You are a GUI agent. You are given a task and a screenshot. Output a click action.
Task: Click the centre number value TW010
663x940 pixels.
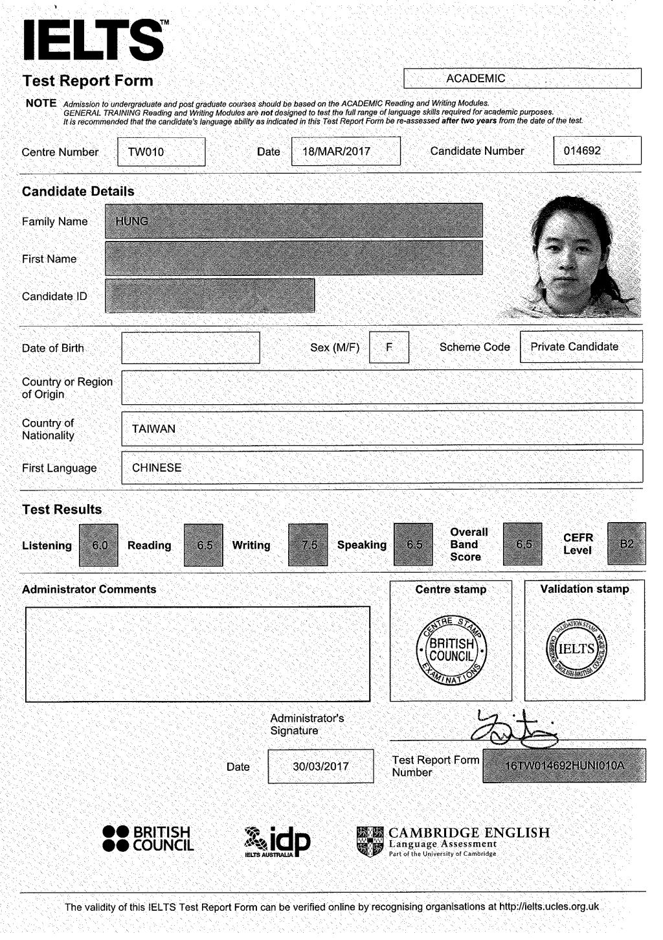point(146,152)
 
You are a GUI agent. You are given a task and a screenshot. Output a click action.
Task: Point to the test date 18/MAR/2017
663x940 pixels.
point(337,152)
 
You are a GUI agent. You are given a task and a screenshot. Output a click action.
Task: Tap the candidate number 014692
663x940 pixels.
point(582,151)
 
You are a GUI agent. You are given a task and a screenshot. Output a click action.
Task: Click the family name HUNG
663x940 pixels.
point(132,222)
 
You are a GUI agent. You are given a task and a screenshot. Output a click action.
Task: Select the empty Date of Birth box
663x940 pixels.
point(190,348)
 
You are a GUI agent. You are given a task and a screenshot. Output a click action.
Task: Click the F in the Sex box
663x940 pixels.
point(389,347)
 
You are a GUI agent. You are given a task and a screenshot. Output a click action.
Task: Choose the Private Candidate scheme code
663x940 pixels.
point(574,347)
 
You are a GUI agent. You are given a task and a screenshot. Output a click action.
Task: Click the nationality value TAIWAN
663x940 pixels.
point(154,429)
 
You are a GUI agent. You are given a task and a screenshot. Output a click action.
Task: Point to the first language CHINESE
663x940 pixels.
point(157,468)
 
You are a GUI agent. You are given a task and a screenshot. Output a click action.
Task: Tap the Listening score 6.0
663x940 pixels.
point(99,545)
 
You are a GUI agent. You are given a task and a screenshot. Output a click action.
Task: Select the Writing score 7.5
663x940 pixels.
point(309,545)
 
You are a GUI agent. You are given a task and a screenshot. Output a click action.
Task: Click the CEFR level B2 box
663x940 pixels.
point(626,544)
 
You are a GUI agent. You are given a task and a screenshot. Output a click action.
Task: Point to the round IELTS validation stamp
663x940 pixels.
point(576,648)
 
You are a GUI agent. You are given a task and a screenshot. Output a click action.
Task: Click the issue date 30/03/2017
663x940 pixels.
point(320,766)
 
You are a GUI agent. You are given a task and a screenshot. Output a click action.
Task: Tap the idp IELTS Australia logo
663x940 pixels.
point(277,842)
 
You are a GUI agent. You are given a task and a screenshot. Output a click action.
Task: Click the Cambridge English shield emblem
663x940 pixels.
point(370,842)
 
